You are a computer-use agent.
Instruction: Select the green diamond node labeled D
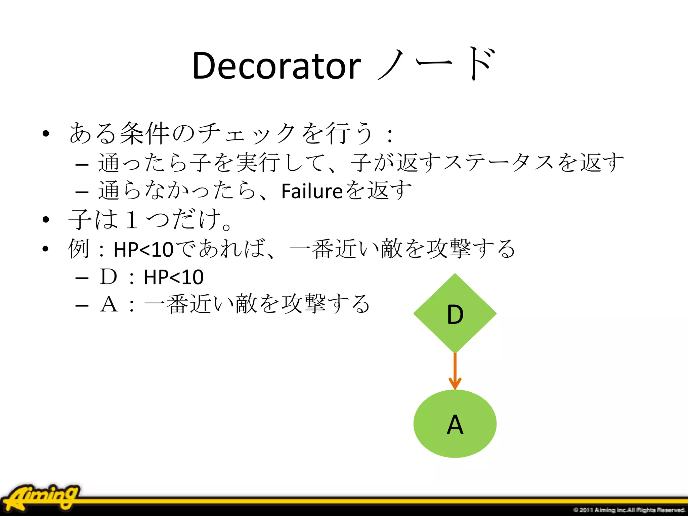tap(455, 313)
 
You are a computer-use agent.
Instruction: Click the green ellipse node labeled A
tap(455, 424)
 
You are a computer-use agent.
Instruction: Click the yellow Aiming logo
tap(42, 497)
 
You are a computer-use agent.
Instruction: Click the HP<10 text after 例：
tap(143, 250)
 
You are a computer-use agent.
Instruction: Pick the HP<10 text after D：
tap(173, 277)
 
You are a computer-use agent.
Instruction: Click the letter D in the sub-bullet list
tap(108, 277)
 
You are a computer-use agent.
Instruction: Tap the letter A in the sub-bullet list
tap(109, 305)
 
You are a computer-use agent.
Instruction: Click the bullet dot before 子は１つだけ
tap(46, 220)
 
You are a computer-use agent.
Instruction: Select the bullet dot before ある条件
tap(46, 134)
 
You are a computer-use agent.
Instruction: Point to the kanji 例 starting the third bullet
tap(79, 249)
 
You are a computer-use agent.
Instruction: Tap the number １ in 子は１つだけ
tap(132, 220)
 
